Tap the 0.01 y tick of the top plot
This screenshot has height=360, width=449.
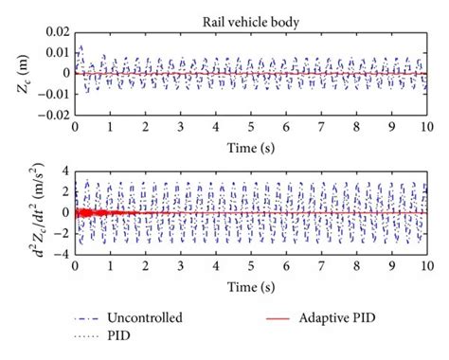58,53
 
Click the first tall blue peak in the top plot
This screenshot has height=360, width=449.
81,45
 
